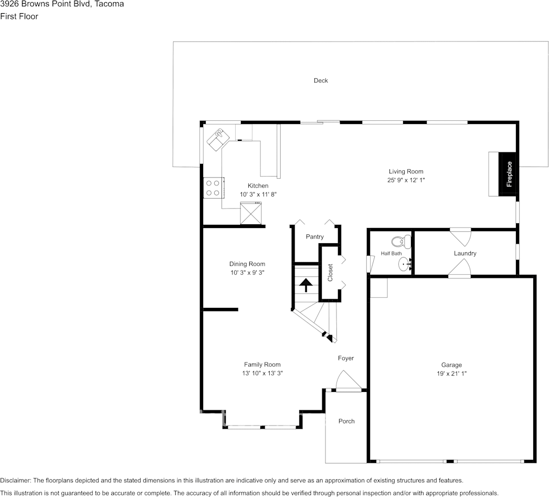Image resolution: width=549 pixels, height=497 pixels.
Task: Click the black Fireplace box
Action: (x=508, y=174)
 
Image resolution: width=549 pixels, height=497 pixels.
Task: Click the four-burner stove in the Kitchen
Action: (x=213, y=188)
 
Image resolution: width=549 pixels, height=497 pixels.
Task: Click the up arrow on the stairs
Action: (x=305, y=285)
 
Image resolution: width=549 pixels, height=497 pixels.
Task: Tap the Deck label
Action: (x=321, y=80)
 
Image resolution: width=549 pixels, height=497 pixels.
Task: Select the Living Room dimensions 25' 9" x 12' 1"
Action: (x=406, y=180)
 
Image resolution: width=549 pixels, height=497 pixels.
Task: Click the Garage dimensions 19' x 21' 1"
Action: (x=451, y=374)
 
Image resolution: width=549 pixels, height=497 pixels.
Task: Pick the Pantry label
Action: (x=315, y=237)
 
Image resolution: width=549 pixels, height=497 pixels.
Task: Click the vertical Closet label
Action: (x=330, y=272)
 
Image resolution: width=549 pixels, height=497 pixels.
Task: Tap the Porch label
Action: (x=346, y=421)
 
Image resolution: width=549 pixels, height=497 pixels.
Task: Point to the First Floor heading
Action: (x=19, y=16)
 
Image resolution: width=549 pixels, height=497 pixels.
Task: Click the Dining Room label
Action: (x=247, y=264)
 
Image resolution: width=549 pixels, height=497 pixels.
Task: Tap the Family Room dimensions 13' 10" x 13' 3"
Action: (x=262, y=373)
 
